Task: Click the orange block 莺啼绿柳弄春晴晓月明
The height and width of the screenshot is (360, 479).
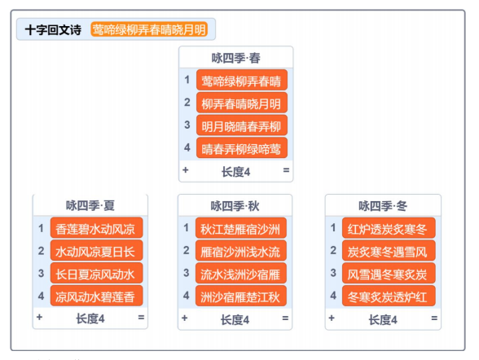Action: (149, 29)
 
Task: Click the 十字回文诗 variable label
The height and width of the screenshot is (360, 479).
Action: (53, 30)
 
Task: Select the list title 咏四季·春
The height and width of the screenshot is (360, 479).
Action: (236, 58)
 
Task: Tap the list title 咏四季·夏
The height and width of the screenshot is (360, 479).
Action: (90, 205)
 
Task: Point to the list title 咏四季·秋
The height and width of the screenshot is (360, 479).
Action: (235, 206)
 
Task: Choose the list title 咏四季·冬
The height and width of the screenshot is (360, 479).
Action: (383, 206)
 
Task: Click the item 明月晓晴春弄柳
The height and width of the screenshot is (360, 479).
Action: (242, 125)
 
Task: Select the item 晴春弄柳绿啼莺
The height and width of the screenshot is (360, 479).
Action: (242, 148)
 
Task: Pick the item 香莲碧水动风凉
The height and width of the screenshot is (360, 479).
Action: (96, 228)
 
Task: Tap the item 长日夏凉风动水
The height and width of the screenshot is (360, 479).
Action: (96, 273)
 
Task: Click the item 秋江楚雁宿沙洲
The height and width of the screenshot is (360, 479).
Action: (241, 228)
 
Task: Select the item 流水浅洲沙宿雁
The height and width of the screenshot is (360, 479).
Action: (241, 273)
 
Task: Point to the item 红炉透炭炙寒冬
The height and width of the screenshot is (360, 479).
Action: (389, 228)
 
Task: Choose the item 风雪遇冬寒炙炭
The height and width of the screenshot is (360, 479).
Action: (389, 273)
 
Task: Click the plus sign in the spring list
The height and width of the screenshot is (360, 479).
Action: (186, 170)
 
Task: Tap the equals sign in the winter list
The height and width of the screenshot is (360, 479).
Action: (434, 318)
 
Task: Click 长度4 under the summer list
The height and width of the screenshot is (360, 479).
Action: (90, 318)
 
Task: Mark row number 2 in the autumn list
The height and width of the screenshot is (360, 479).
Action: (187, 250)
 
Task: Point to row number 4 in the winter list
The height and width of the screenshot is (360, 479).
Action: (333, 296)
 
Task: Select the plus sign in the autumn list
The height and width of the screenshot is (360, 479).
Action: (184, 318)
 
